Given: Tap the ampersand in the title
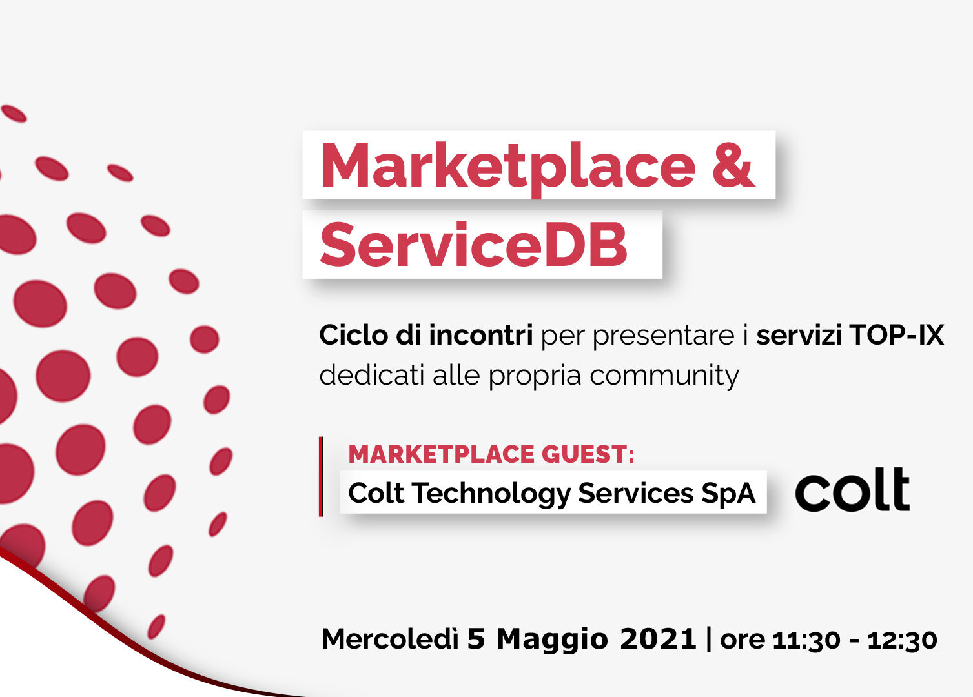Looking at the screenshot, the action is (733, 165).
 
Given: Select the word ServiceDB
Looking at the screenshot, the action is (473, 245).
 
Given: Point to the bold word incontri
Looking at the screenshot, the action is (480, 335).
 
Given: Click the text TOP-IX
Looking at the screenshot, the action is (897, 335).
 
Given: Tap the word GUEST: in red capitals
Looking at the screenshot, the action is (588, 454).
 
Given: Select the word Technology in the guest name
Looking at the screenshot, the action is (491, 494).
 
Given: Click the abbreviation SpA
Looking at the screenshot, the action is (728, 493).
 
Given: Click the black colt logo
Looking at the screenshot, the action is (852, 489).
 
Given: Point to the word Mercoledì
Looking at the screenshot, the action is (389, 639).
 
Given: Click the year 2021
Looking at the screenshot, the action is (658, 639).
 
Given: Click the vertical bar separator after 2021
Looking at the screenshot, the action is (709, 639).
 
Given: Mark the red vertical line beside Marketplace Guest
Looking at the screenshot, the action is (321, 477).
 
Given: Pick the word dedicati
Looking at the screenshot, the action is (372, 375).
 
